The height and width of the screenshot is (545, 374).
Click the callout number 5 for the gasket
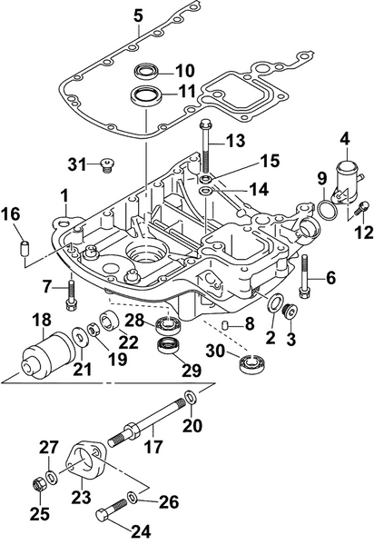coord(138,15)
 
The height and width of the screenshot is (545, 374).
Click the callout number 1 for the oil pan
coord(64,194)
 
